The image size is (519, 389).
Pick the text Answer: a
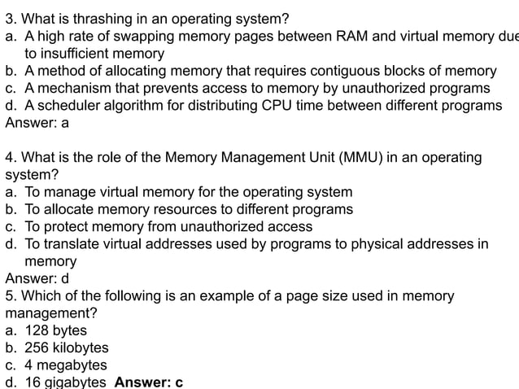coord(37,123)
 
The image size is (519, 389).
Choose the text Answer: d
coord(37,278)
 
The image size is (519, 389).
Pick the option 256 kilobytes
coord(66,347)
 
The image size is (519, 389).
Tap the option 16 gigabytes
coord(65,382)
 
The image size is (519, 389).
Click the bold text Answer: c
coord(149,382)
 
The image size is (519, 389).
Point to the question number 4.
coord(10,158)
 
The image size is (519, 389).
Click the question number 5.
coord(10,295)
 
